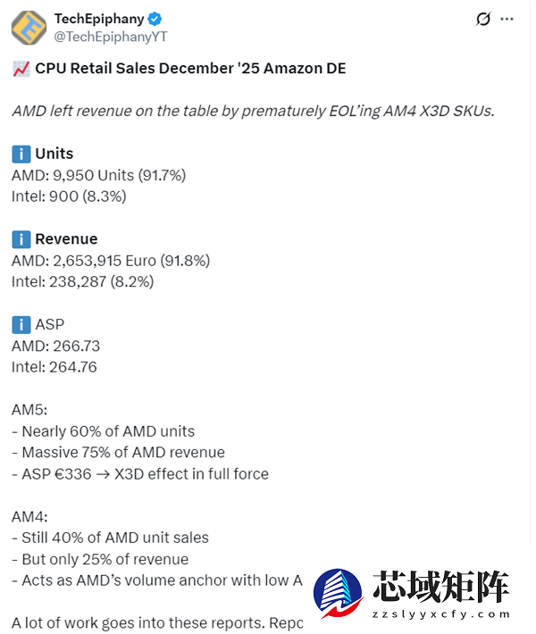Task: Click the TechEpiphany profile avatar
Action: [x=29, y=27]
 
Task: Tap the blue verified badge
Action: [x=155, y=19]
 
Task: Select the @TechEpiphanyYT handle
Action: [x=111, y=37]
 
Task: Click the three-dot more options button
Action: [x=507, y=19]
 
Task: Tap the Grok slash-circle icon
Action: [x=483, y=19]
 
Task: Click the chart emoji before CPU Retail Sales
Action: [x=21, y=69]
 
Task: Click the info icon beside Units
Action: [x=21, y=154]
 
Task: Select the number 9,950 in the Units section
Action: [x=73, y=175]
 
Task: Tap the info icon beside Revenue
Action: [x=21, y=239]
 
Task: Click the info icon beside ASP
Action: [x=21, y=324]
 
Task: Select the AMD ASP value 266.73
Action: [x=77, y=346]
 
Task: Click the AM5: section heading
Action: [x=29, y=410]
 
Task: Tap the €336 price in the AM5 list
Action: [x=71, y=474]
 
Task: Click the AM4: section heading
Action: [x=29, y=516]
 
